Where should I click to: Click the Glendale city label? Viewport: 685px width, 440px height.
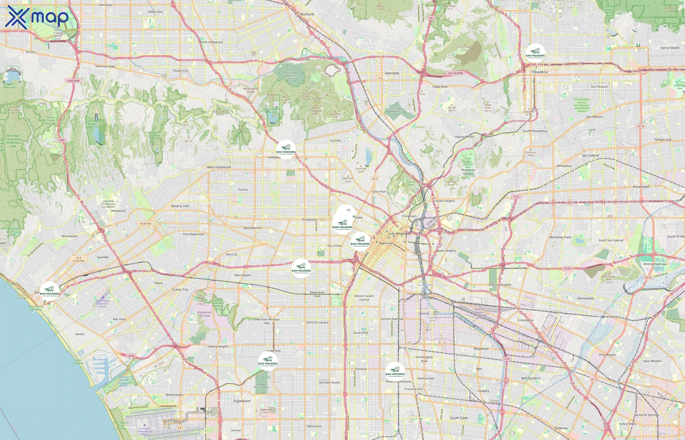(x=392, y=73)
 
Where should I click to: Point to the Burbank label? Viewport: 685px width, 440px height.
(x=307, y=14)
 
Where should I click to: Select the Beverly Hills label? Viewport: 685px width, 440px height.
(x=180, y=206)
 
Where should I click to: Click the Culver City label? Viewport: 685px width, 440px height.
(x=180, y=289)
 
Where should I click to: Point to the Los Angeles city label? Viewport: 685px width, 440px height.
(x=399, y=233)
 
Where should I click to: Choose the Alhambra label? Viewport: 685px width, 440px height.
(x=564, y=166)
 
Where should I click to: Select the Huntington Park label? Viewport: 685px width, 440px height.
(x=424, y=359)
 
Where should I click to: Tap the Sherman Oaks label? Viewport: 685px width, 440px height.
(x=105, y=66)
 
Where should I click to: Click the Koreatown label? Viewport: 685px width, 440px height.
(x=310, y=220)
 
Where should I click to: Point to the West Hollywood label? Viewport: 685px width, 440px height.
(x=219, y=167)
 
